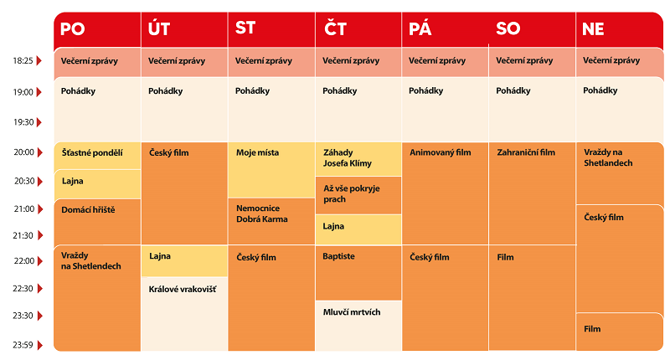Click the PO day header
[x=73, y=29]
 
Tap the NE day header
[x=593, y=29]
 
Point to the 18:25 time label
[x=23, y=61]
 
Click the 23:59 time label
[x=23, y=344]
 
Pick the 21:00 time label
[x=23, y=208]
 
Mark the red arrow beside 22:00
[x=39, y=260]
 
